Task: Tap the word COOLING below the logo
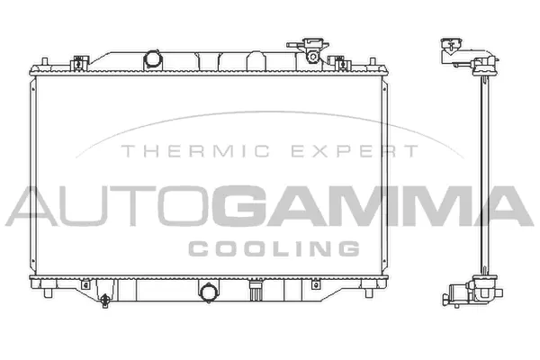(274, 247)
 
